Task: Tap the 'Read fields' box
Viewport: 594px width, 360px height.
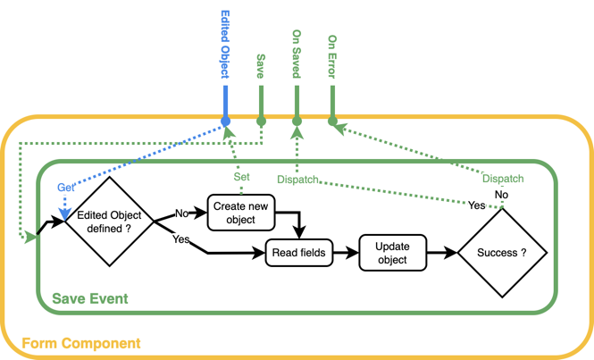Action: click(297, 254)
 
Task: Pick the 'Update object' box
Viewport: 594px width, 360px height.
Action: click(391, 254)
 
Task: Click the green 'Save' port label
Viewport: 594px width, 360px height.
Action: click(261, 68)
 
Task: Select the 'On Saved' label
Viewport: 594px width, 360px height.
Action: click(297, 54)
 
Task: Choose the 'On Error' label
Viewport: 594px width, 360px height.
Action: click(332, 54)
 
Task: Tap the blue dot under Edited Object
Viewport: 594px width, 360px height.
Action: click(225, 121)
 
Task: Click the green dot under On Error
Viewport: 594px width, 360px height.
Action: click(332, 121)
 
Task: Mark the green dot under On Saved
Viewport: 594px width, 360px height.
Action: click(297, 121)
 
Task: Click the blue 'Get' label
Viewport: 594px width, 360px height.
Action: click(66, 188)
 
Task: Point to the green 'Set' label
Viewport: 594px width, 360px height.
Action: click(241, 176)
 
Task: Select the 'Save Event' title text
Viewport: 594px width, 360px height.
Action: click(90, 297)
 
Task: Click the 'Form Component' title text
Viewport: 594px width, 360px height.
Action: click(80, 343)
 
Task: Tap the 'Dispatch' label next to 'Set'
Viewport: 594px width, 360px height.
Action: click(297, 180)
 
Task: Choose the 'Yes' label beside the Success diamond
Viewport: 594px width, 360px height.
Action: click(477, 205)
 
